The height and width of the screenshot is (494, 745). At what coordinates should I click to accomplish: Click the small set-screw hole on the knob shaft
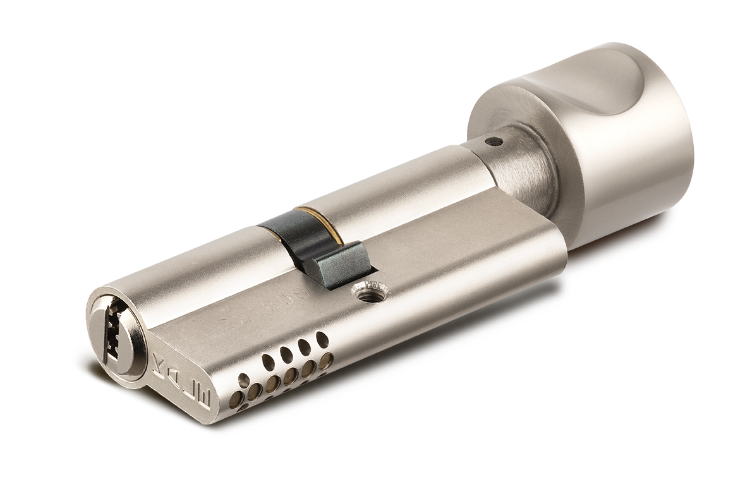click(x=497, y=142)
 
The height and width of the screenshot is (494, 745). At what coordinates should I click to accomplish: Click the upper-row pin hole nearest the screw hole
click(x=322, y=340)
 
